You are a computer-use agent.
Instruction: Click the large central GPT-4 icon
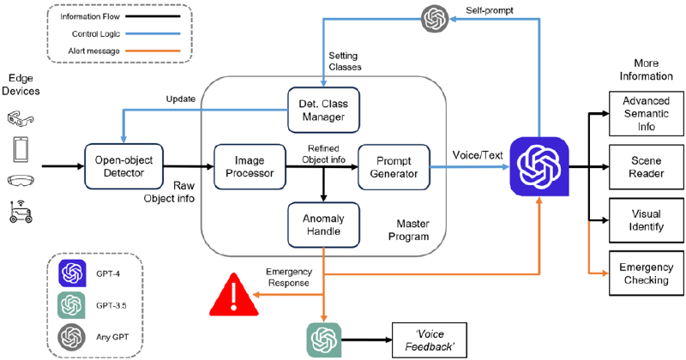click(538, 166)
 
